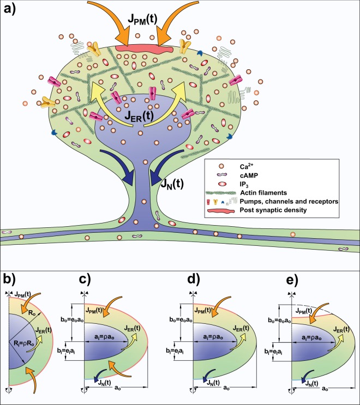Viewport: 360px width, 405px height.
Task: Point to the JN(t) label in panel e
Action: (316, 380)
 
